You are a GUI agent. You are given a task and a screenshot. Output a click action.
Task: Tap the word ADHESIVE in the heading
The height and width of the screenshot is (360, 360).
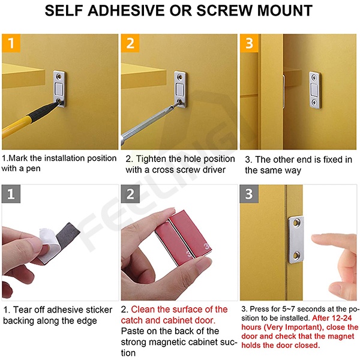(126, 10)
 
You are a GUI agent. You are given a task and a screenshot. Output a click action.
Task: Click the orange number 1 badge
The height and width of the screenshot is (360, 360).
(11, 43)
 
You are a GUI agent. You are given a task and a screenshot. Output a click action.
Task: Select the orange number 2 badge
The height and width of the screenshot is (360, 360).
(130, 43)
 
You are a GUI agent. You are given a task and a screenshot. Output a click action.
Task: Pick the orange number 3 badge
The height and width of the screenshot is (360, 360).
(249, 43)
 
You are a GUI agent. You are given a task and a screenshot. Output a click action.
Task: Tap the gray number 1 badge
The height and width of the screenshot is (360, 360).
(11, 194)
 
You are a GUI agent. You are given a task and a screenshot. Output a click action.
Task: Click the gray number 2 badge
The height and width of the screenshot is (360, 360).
(130, 194)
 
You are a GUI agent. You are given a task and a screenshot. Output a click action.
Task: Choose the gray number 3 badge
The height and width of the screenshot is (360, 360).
(249, 194)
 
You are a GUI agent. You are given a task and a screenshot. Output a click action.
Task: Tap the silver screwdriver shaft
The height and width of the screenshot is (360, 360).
(147, 122)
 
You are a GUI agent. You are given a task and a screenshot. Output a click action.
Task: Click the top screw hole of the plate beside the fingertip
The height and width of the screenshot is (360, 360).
(297, 222)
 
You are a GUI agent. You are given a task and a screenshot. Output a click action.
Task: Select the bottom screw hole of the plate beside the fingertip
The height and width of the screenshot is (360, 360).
(296, 255)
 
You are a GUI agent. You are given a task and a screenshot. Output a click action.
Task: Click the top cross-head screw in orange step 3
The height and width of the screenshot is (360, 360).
(314, 77)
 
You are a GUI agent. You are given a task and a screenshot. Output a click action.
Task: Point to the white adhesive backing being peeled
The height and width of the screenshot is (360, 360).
(49, 244)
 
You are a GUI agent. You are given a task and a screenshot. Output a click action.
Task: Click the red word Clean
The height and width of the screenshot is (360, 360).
(143, 309)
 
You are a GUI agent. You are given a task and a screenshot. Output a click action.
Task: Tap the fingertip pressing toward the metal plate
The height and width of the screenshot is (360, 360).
(316, 239)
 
